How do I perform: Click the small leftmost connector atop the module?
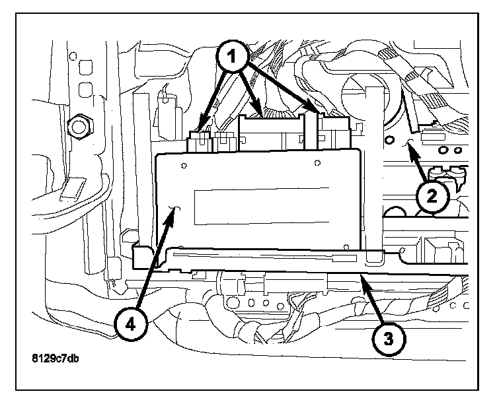click(x=198, y=141)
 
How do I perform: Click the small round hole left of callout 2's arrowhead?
click(x=391, y=140)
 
